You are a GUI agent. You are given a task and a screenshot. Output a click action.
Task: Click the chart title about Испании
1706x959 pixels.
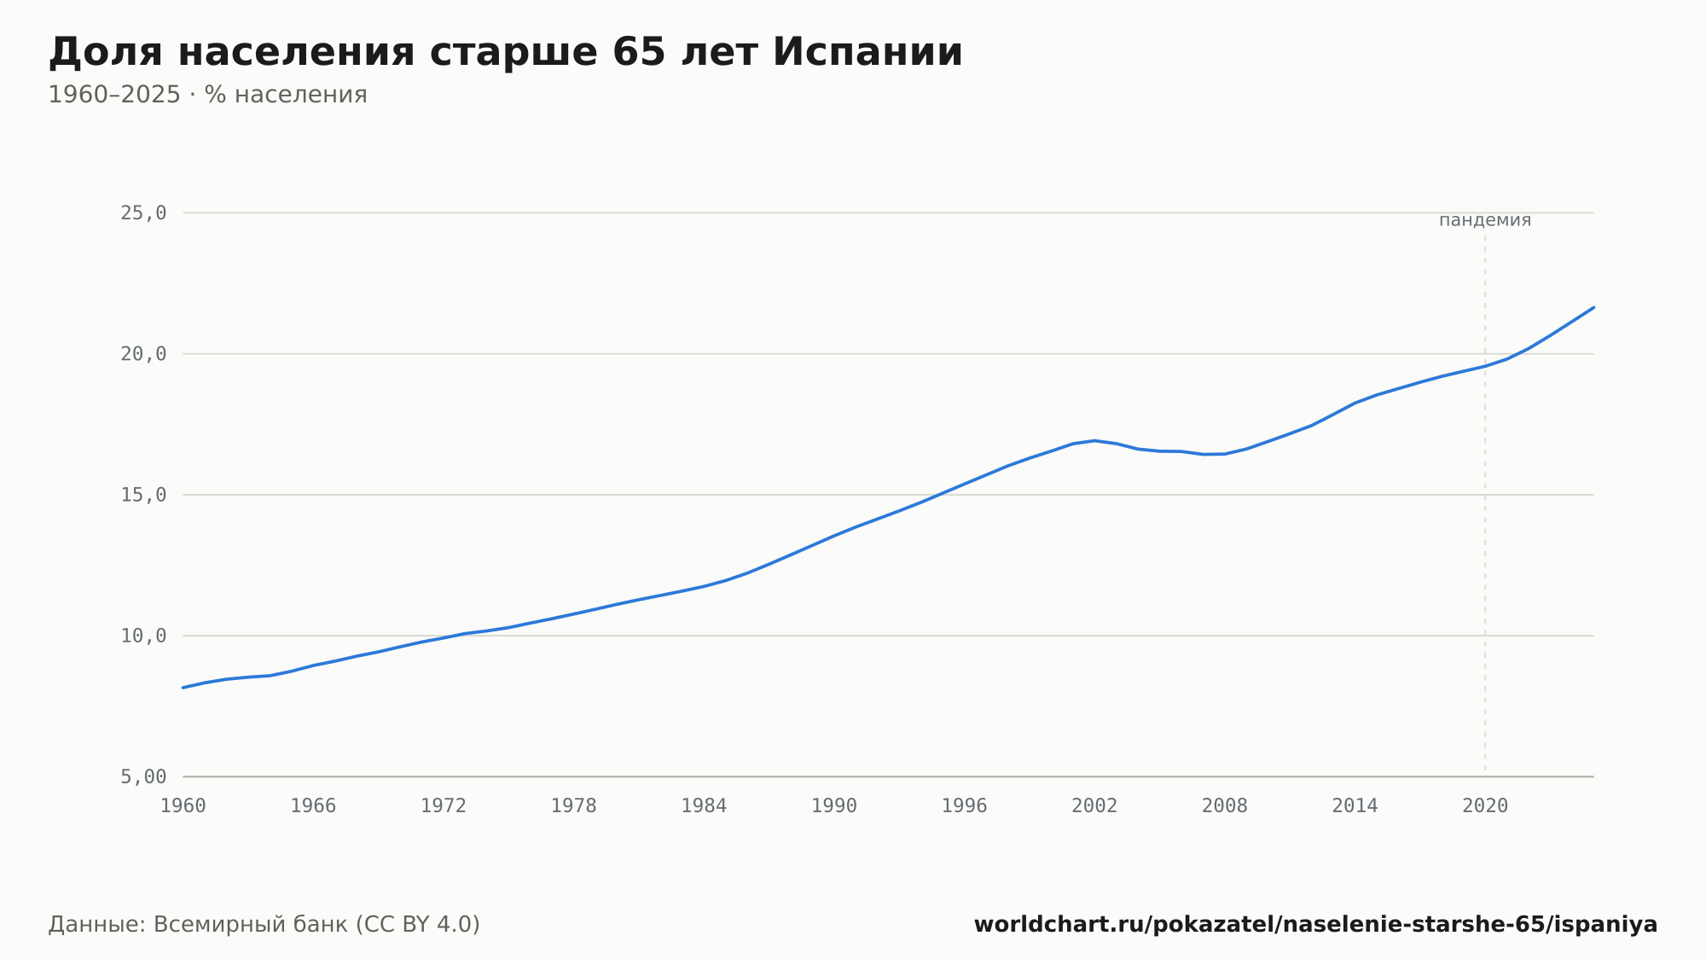pos(505,53)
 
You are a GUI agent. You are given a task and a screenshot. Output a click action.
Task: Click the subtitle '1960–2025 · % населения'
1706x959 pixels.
pos(207,95)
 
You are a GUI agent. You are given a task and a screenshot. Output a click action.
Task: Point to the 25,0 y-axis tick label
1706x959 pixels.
pos(143,213)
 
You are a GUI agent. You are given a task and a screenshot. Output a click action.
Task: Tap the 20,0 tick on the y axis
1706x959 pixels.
pos(143,354)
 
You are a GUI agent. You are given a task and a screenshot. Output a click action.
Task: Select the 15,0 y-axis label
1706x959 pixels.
pos(143,495)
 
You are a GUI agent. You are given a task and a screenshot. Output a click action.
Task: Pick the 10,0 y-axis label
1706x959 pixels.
pos(143,636)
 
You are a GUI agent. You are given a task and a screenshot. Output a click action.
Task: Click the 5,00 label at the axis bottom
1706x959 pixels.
pos(143,776)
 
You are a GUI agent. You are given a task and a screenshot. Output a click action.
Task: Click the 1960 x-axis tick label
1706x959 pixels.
pos(183,806)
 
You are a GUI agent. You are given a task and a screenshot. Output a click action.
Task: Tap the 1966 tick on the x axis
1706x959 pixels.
pos(313,806)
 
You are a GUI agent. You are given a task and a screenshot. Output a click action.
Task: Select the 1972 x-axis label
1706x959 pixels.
pos(444,806)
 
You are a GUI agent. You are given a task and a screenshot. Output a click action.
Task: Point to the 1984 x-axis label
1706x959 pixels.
pos(704,806)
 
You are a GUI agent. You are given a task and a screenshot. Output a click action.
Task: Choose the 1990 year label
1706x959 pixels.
pos(834,806)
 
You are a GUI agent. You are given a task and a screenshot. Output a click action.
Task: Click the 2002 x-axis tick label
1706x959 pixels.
pos(1094,806)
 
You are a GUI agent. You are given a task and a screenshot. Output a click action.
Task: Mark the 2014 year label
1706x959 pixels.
pos(1355,806)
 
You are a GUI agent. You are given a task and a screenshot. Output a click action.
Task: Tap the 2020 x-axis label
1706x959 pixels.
pos(1485,806)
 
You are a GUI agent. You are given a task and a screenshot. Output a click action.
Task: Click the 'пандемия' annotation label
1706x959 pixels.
pos(1485,220)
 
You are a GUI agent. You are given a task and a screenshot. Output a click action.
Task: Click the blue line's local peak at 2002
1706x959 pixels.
pos(1094,440)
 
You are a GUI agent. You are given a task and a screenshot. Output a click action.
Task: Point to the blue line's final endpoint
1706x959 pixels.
pos(1593,307)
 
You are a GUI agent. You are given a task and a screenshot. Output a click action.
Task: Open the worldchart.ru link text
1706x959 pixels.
pos(1315,925)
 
